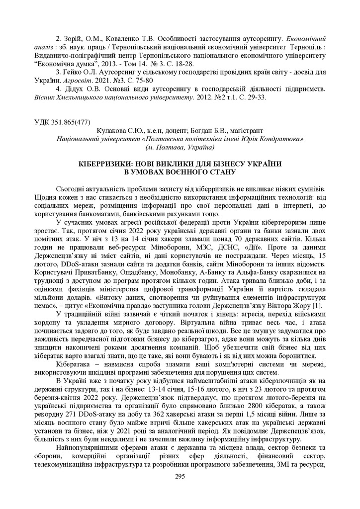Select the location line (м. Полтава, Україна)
[x=180, y=148]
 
